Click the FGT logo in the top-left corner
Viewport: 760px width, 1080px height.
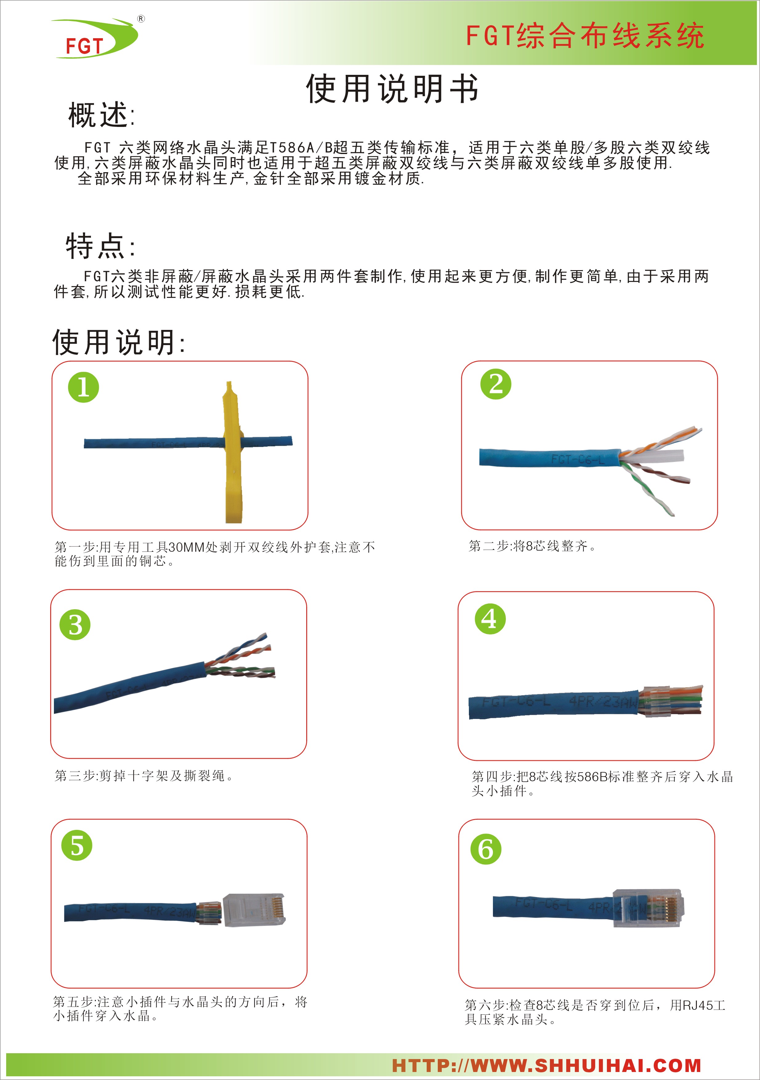pos(96,39)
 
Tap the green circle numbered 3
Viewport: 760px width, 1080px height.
pos(75,625)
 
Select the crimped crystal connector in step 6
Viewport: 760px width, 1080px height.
pos(648,908)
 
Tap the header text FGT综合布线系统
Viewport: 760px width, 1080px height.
pos(585,36)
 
